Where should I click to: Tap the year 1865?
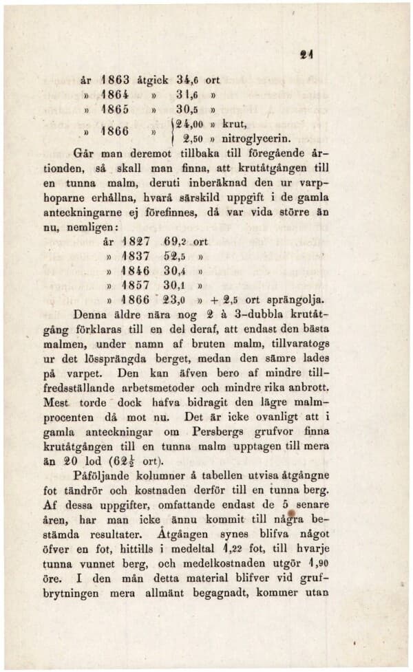(x=109, y=108)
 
